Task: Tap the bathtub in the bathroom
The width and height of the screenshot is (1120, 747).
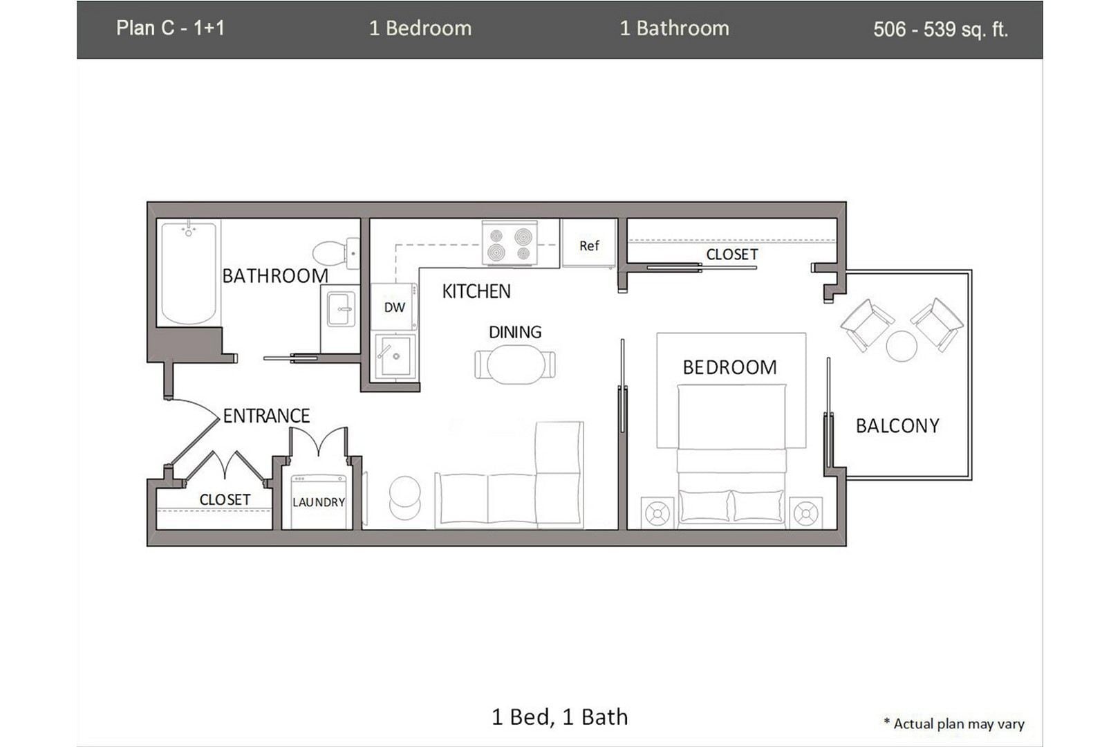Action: [188, 274]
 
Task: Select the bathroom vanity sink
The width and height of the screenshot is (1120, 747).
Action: [341, 309]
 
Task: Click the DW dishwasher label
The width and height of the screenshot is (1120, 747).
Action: [394, 308]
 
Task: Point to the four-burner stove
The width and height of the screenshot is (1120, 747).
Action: [510, 243]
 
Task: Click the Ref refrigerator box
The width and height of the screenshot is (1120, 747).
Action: [589, 245]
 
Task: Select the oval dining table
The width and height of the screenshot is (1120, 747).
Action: [515, 365]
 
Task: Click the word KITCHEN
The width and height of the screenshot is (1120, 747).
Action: [476, 292]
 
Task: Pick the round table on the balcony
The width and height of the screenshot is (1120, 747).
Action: [902, 346]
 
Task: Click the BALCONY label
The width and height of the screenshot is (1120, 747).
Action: [897, 426]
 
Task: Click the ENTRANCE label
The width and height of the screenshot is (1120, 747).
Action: [266, 416]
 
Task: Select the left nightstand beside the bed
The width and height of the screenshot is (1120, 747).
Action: [657, 513]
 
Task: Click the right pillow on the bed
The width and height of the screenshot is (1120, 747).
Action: [758, 506]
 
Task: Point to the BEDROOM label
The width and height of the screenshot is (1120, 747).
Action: [729, 367]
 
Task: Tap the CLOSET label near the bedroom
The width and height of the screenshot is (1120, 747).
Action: [731, 255]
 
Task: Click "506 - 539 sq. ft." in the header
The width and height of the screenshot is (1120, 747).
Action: [940, 29]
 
